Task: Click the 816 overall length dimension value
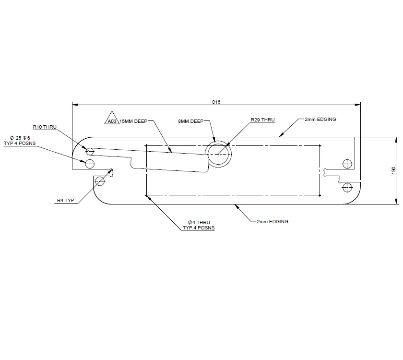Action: (216, 102)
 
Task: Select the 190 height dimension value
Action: (393, 170)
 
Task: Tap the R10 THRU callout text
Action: (45, 127)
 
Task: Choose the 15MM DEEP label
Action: (133, 121)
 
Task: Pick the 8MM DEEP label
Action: (191, 121)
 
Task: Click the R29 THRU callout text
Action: (262, 120)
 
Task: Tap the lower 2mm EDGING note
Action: (272, 221)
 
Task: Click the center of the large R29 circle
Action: (219, 154)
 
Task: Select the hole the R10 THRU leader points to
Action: (90, 152)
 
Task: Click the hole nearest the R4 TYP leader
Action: (100, 181)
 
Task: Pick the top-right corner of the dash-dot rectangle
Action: (320, 145)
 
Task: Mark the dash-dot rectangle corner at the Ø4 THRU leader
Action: (146, 195)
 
